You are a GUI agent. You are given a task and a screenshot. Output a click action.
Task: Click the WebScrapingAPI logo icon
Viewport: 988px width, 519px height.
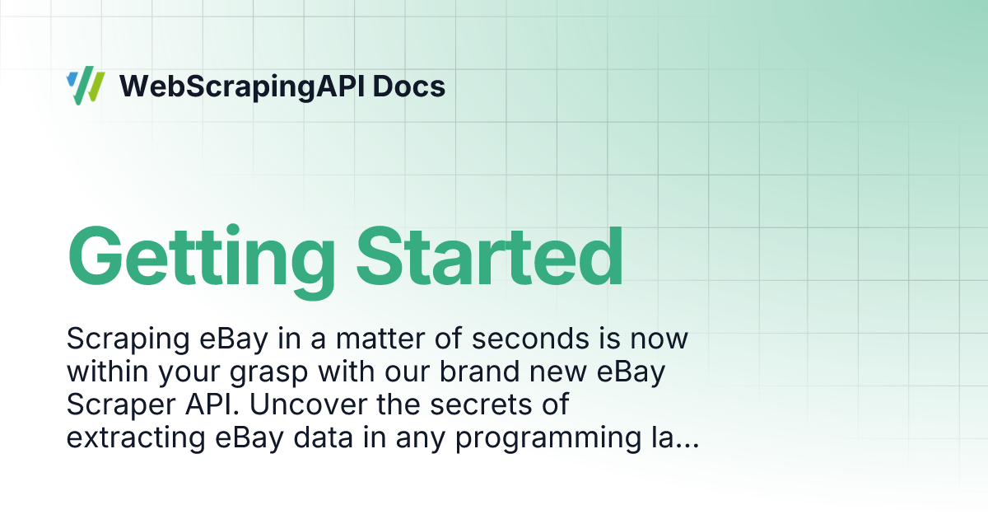click(x=86, y=86)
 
